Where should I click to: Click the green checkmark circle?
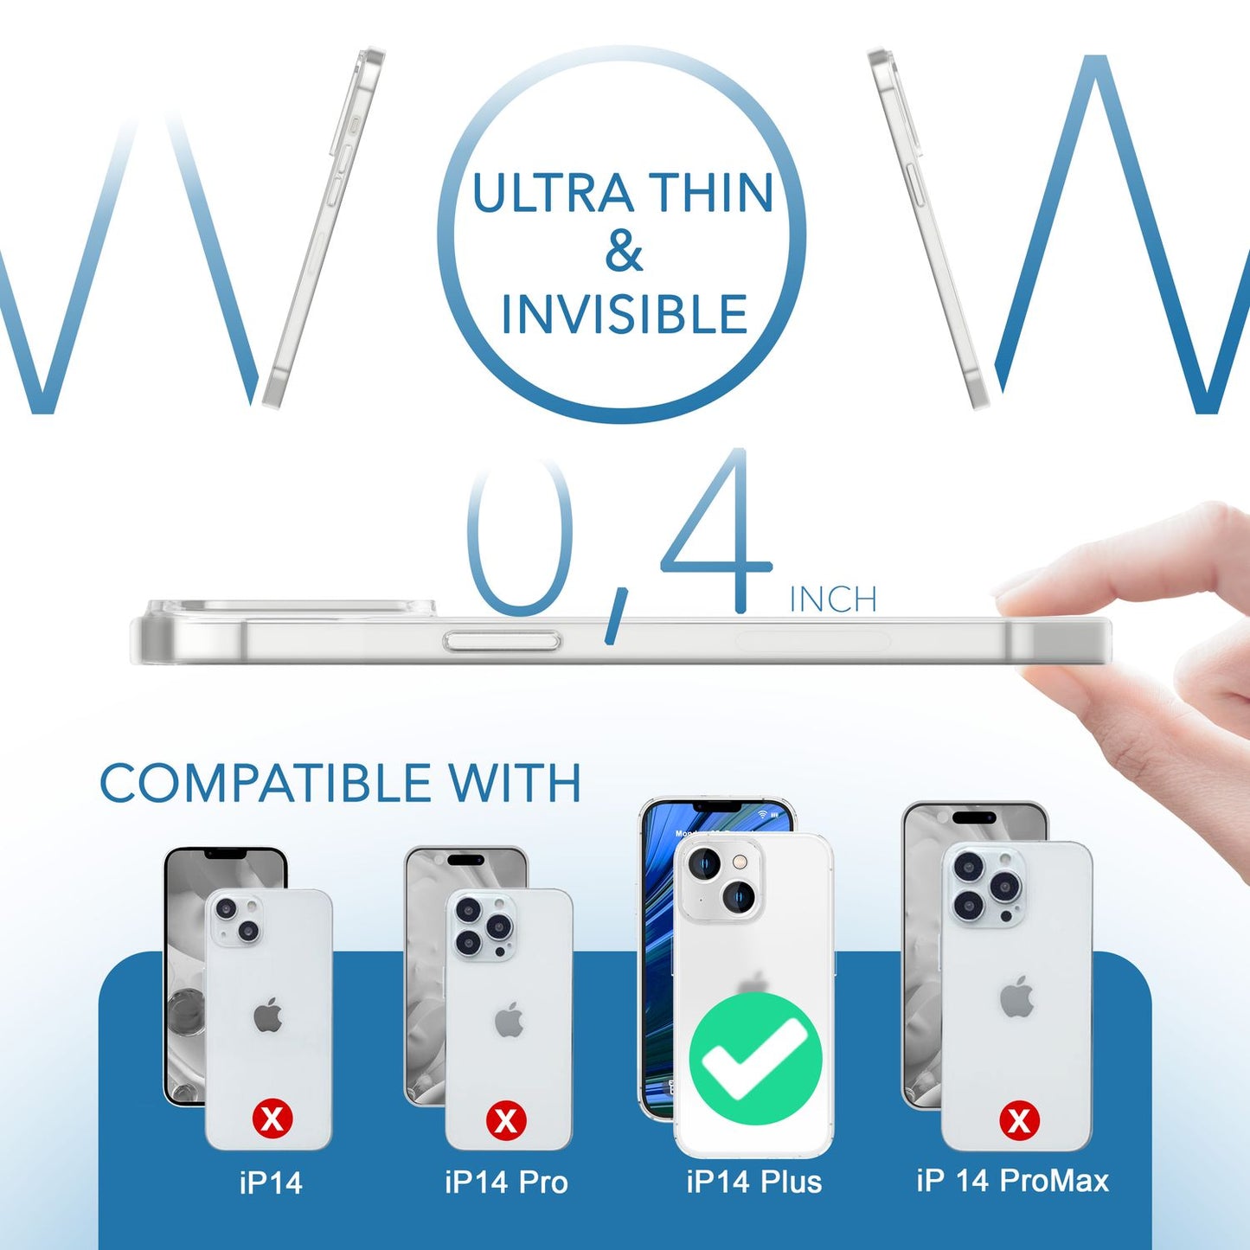click(755, 1058)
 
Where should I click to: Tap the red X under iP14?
click(272, 1119)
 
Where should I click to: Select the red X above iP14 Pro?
click(506, 1120)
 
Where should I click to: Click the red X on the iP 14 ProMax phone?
click(1019, 1120)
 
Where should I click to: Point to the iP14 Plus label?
click(753, 1182)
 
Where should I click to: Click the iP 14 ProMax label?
click(1012, 1181)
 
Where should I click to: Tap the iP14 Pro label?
click(506, 1182)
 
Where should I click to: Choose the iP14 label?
click(271, 1183)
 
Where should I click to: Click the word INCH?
click(833, 599)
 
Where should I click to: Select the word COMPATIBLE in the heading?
click(266, 784)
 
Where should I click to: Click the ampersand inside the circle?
click(624, 253)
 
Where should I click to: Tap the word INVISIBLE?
click(624, 314)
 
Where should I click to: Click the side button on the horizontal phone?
click(502, 641)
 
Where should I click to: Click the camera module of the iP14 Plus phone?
click(719, 879)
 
